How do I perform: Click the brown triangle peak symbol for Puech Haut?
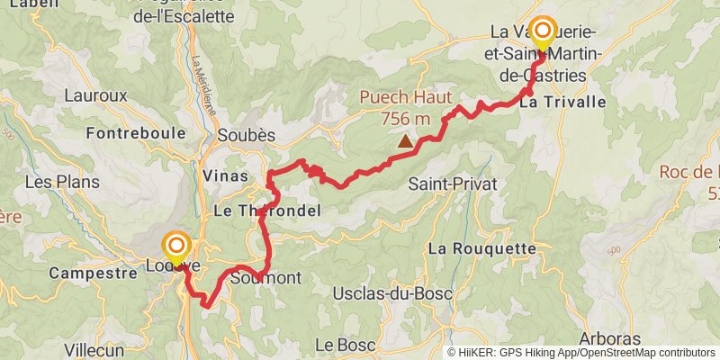click(x=406, y=140)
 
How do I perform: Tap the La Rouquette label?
click(x=481, y=247)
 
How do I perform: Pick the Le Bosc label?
click(x=338, y=344)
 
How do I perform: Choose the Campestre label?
click(x=85, y=272)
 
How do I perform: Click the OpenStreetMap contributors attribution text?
click(x=646, y=353)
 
